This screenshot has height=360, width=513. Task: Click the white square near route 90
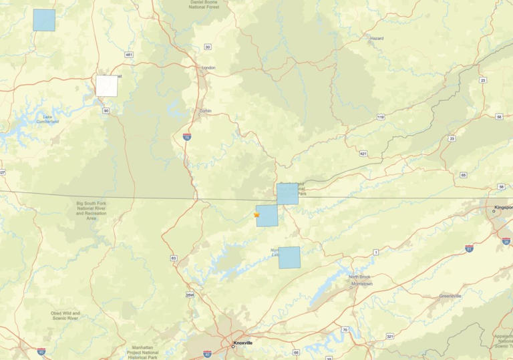tap(106, 85)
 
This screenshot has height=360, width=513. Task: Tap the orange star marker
tap(256, 215)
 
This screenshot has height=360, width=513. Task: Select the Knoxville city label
tap(242, 343)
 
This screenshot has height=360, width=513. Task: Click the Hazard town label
tap(377, 39)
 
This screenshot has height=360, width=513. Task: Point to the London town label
tap(208, 67)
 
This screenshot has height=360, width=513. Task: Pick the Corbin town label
tap(205, 111)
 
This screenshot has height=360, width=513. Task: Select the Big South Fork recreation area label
tap(91, 210)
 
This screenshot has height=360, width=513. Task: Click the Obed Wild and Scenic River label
tap(65, 315)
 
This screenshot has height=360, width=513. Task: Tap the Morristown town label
tap(361, 284)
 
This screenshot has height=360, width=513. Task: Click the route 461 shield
tap(129, 54)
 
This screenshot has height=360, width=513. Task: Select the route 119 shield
tap(380, 117)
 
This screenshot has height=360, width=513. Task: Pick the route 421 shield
tap(363, 154)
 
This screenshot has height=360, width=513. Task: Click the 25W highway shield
tap(189, 295)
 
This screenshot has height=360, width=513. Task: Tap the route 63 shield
tap(174, 258)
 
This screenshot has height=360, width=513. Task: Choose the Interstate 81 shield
tap(469, 249)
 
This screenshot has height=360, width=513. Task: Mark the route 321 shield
tap(389, 336)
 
